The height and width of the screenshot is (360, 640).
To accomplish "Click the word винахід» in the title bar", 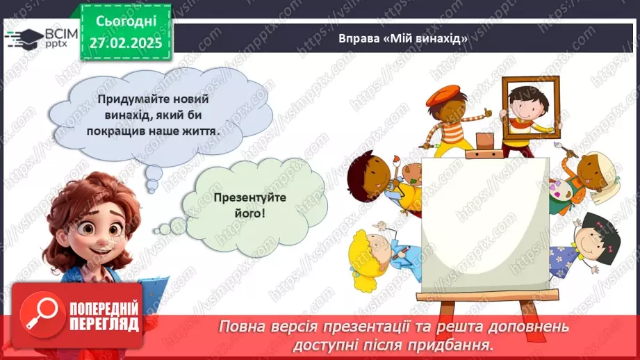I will pyautogui.click(x=441, y=38).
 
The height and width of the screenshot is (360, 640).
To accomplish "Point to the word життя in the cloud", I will pyautogui.click(x=196, y=129).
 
